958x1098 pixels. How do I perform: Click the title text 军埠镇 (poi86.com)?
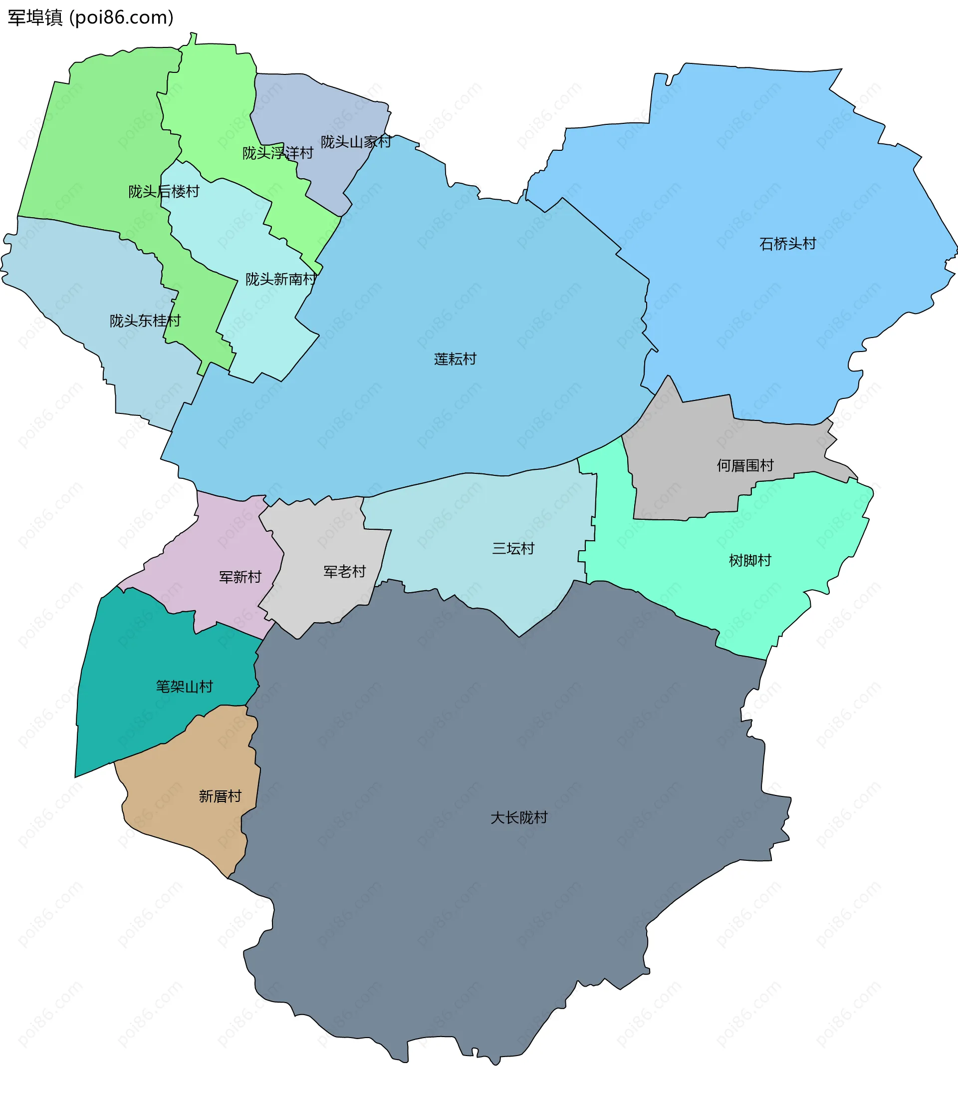[90, 17]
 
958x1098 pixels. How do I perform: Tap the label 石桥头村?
[787, 244]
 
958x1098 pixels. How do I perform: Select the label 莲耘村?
[455, 359]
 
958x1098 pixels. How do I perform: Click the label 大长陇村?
[518, 817]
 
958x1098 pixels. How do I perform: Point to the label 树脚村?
[749, 561]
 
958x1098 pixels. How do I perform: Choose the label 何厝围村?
[744, 465]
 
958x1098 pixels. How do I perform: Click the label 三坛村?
[513, 548]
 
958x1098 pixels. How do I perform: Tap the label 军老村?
[344, 572]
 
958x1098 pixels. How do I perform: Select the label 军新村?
[240, 577]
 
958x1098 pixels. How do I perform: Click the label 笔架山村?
[184, 687]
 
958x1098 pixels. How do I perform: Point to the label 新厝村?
[220, 796]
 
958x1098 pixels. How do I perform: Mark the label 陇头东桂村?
[145, 321]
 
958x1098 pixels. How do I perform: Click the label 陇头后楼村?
[164, 192]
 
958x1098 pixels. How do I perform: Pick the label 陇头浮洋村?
[277, 153]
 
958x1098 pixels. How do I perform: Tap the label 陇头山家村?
[355, 142]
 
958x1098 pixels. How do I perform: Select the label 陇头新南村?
[280, 279]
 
